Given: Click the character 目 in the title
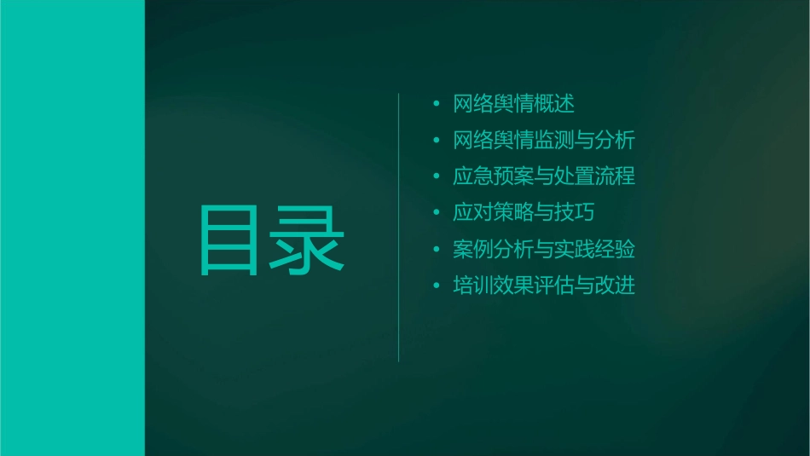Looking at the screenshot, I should pyautogui.click(x=230, y=241).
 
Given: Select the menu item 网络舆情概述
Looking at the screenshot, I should pyautogui.click(x=514, y=104).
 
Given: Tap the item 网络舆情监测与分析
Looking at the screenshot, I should pyautogui.click(x=544, y=141).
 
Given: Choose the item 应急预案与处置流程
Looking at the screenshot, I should pyautogui.click(x=544, y=177).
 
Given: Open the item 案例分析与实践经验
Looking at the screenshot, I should pyautogui.click(x=544, y=250).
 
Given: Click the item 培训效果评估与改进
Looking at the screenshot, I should pyautogui.click(x=544, y=286).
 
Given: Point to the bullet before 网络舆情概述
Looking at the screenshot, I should pyautogui.click(x=437, y=105).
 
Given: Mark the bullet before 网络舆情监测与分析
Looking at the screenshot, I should pyautogui.click(x=437, y=141).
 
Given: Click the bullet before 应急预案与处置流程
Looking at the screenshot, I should pyautogui.click(x=437, y=178).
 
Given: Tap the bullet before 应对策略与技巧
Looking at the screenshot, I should pyautogui.click(x=437, y=214).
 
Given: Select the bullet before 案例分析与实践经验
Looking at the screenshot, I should pyautogui.click(x=437, y=251).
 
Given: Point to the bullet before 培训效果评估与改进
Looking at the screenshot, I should pyautogui.click(x=437, y=287).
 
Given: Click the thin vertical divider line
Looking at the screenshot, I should pyautogui.click(x=399, y=228).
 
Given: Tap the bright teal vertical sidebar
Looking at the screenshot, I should pyautogui.click(x=72, y=228).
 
